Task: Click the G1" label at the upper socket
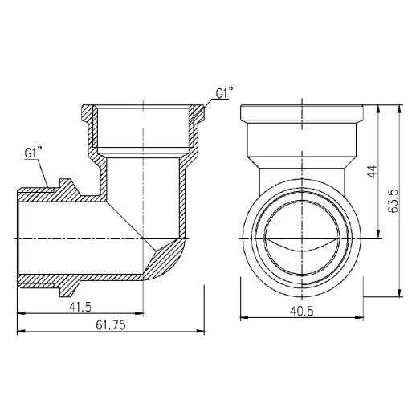coord(223,94)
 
